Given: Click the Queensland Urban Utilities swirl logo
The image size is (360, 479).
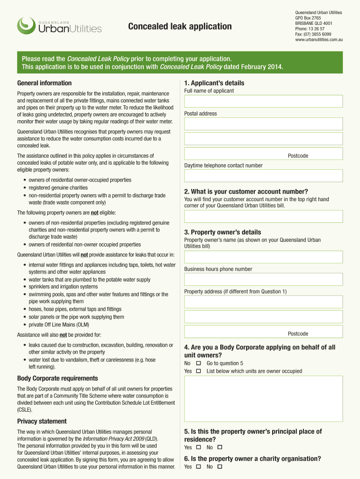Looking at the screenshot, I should click(26, 26).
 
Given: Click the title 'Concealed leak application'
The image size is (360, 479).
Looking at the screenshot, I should click(180, 26).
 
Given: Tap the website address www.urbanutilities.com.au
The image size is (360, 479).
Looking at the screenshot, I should click(319, 40).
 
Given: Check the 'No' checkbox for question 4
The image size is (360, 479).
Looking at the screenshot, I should click(198, 363).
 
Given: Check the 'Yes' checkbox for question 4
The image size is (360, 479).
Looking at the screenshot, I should click(198, 371).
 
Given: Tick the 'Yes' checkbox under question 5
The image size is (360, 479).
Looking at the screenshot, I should click(198, 447).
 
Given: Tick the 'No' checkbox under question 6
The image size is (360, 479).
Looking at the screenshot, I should click(220, 467).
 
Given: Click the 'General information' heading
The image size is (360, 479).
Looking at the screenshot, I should click(44, 83).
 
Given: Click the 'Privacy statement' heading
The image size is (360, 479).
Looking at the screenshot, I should click(42, 421).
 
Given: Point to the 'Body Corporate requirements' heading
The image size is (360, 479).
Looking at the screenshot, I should click(58, 378).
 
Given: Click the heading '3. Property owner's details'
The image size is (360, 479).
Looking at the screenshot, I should click(223, 232).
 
